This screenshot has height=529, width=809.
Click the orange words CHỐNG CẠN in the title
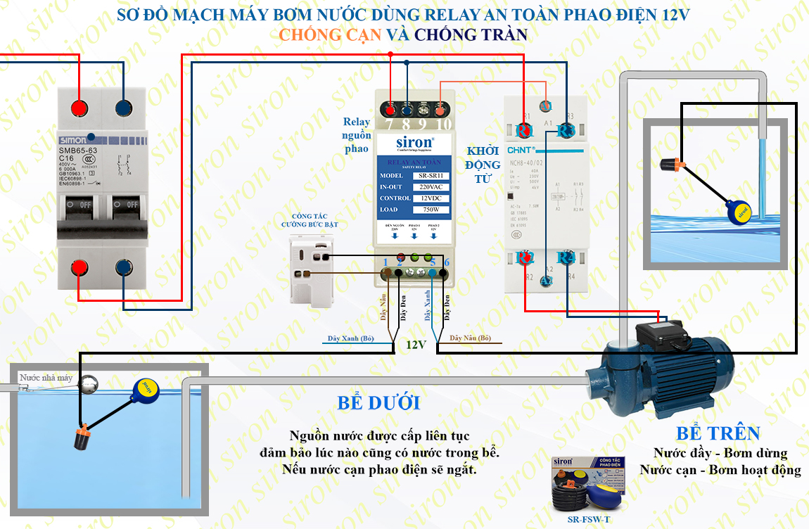click(x=330, y=34)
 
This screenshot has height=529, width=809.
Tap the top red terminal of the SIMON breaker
click(x=79, y=108)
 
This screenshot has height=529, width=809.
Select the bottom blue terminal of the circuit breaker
click(x=123, y=267)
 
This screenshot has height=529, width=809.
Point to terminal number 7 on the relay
click(x=389, y=110)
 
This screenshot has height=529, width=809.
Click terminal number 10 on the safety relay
click(x=441, y=110)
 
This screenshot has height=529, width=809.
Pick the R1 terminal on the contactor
click(x=525, y=131)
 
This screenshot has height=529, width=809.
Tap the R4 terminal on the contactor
click(x=566, y=258)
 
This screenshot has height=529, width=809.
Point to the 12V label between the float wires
click(x=416, y=345)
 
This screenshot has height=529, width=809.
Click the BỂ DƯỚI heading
click(x=378, y=403)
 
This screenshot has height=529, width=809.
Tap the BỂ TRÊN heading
click(x=718, y=433)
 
